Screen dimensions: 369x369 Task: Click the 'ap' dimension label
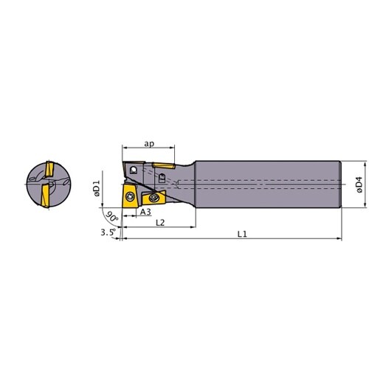[x=149, y=144]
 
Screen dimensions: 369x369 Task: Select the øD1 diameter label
[x=97, y=188]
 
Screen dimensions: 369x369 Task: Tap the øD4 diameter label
[x=359, y=184]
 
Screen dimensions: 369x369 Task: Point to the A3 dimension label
[x=145, y=212]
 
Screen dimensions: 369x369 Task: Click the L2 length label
[x=160, y=223]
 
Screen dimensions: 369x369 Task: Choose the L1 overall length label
[x=242, y=234]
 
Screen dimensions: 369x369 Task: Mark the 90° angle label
[x=112, y=217]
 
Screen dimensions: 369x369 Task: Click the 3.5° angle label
[x=108, y=232]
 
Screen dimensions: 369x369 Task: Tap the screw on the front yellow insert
[x=129, y=197]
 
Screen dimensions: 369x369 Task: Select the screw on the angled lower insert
[x=154, y=197]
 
